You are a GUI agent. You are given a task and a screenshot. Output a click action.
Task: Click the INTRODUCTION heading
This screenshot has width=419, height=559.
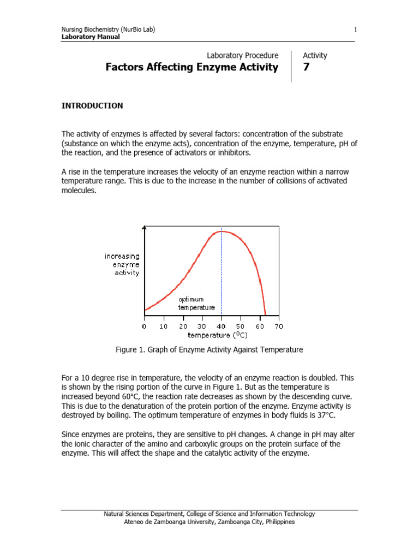92,106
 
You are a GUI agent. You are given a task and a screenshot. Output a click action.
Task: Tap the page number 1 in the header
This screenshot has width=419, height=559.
355,29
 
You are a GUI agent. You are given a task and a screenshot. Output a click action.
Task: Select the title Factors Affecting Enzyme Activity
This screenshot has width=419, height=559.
191,68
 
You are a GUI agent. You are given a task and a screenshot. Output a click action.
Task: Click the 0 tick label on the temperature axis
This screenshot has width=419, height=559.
144,326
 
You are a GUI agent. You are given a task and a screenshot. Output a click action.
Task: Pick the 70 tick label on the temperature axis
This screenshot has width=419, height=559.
278,326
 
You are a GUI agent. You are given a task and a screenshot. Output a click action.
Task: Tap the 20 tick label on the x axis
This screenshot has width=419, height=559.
183,326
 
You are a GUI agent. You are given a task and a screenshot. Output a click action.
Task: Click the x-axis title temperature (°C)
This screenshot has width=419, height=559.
210,335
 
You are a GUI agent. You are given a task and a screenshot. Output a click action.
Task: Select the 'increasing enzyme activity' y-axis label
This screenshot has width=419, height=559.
122,264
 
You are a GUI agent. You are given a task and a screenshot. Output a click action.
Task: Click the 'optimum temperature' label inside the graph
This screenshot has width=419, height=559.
196,304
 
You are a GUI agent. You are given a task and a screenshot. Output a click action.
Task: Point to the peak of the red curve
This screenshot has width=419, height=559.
221,231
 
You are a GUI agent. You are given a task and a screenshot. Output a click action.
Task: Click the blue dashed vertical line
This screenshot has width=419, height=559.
222,273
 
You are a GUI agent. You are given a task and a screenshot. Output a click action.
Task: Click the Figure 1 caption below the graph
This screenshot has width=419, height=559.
209,349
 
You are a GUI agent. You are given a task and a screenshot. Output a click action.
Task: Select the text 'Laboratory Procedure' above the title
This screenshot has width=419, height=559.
243,56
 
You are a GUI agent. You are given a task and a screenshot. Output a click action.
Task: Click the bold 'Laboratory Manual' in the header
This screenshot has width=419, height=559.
91,37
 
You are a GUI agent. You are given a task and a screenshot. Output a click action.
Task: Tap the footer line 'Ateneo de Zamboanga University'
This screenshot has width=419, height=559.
209,522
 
